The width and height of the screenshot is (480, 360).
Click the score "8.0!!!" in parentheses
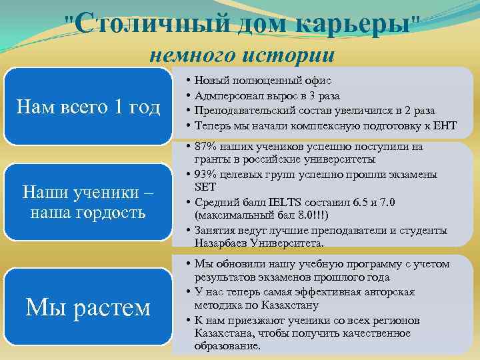point(306,216)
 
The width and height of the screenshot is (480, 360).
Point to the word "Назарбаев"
point(219,243)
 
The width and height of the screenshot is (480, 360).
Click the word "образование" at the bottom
point(225,346)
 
